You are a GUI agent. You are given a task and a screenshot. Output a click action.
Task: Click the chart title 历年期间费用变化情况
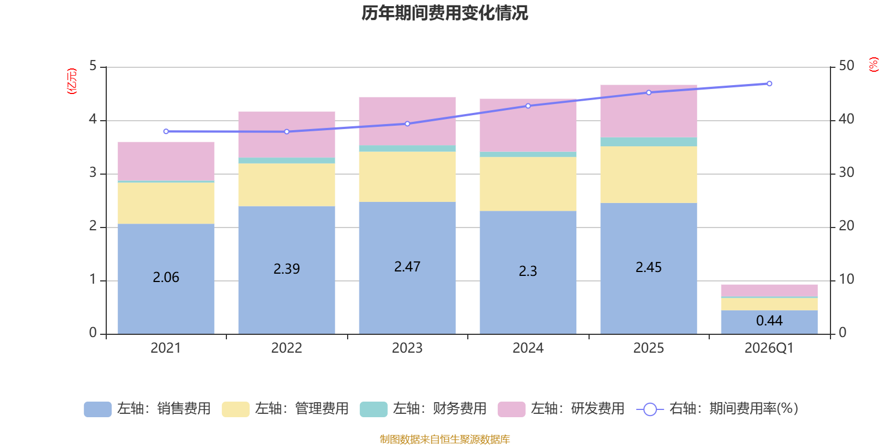click(444, 13)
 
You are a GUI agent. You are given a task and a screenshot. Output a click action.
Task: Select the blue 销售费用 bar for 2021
click(166, 300)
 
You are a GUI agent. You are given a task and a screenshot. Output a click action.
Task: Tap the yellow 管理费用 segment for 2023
click(407, 177)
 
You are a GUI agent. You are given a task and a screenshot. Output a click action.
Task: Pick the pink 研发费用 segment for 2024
click(528, 125)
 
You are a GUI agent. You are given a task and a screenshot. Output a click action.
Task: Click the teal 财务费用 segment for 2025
click(649, 142)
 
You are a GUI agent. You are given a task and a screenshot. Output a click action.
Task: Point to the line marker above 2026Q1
click(769, 83)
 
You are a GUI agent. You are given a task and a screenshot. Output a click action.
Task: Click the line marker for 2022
click(286, 132)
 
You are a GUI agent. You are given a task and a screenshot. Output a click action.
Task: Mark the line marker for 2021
click(166, 131)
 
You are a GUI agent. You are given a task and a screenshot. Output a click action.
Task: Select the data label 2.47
click(407, 267)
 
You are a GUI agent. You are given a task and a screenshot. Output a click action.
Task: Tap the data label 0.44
click(769, 321)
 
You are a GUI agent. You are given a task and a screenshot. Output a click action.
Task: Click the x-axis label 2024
click(528, 348)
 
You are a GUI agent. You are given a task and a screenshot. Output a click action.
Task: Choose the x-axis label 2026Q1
click(769, 348)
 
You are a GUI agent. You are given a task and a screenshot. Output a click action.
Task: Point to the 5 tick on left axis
click(93, 66)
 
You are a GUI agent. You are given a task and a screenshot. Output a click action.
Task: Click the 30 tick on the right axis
click(846, 172)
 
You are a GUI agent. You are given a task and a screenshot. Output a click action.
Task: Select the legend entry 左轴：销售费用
click(148, 409)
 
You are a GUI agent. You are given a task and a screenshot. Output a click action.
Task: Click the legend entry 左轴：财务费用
click(424, 409)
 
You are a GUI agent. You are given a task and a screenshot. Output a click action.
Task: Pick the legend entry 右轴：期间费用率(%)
click(718, 409)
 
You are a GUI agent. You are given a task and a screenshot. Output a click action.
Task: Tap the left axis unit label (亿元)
click(71, 81)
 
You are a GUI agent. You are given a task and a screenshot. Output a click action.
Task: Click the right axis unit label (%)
click(873, 65)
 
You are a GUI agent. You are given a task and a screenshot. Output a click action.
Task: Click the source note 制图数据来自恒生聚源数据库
click(444, 439)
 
